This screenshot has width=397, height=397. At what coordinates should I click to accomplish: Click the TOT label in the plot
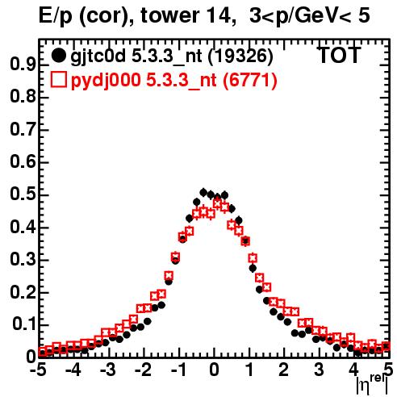[x=339, y=55]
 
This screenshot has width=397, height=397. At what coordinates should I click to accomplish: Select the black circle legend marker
[x=58, y=56]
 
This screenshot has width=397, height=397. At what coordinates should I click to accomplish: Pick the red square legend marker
[x=58, y=79]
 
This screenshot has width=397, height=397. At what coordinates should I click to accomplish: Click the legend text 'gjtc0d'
[x=98, y=56]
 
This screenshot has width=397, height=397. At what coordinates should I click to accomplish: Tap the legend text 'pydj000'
[x=106, y=81]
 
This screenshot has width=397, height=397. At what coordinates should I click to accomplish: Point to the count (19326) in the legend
[x=240, y=56]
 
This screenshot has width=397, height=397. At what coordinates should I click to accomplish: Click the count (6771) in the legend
[x=250, y=80]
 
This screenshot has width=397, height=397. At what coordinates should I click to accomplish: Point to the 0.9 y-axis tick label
[x=23, y=65]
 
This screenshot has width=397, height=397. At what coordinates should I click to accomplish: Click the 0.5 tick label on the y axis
[x=23, y=194]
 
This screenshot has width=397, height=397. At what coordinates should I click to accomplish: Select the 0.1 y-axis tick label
[x=23, y=324]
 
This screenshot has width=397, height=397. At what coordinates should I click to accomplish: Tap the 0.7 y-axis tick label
[x=23, y=130]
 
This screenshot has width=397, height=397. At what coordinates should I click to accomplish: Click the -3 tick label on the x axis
[x=108, y=370]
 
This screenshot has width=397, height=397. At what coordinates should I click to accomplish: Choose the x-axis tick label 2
[x=284, y=370]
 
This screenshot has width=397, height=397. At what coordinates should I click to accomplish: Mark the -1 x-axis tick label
[x=178, y=370]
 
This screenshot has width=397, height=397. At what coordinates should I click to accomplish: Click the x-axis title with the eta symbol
[x=372, y=385]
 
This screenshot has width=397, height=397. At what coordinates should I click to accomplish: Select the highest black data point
[x=203, y=192]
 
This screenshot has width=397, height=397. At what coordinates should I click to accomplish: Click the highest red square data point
[x=218, y=204]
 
